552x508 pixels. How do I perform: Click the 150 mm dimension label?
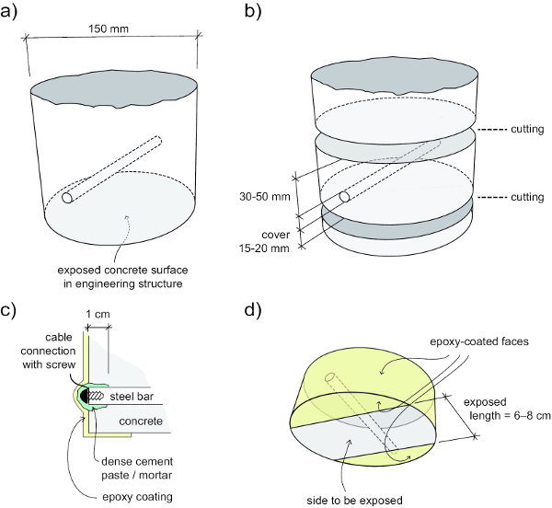click(109, 29)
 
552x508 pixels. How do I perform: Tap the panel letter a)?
click(8, 11)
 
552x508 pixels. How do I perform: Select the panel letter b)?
click(253, 11)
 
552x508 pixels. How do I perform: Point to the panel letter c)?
click(8, 311)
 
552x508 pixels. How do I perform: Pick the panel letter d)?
click(253, 310)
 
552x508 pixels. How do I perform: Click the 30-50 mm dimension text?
click(265, 196)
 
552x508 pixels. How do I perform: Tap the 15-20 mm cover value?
click(264, 248)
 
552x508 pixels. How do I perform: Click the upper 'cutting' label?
click(527, 129)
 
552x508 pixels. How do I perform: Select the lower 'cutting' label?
click(527, 197)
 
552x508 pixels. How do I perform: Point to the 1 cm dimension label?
click(98, 314)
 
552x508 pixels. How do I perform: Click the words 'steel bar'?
click(132, 397)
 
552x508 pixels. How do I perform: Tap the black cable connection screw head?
click(84, 396)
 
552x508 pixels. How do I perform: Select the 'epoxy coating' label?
click(137, 497)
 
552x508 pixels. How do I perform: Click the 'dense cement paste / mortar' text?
click(137, 468)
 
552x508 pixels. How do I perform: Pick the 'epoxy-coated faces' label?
click(479, 341)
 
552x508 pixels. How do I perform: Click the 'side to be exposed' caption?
click(354, 501)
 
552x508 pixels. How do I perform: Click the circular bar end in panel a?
click(67, 198)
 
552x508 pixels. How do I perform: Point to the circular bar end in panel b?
click(345, 197)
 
